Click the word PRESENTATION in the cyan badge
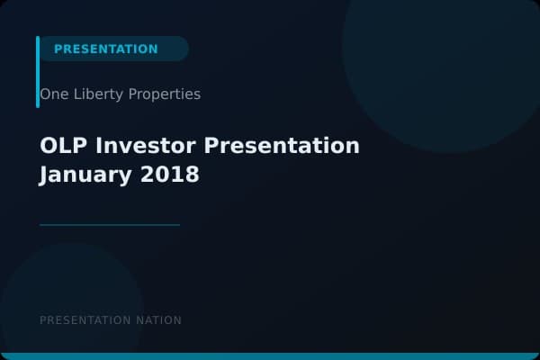click(105, 49)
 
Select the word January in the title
click(85, 175)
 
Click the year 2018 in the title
click(169, 175)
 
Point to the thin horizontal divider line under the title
click(110, 225)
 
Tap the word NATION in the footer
click(160, 320)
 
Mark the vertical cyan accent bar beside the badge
click(38, 72)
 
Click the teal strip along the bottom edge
click(270, 356)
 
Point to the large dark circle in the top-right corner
click(441, 54)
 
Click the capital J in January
click(45, 175)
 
